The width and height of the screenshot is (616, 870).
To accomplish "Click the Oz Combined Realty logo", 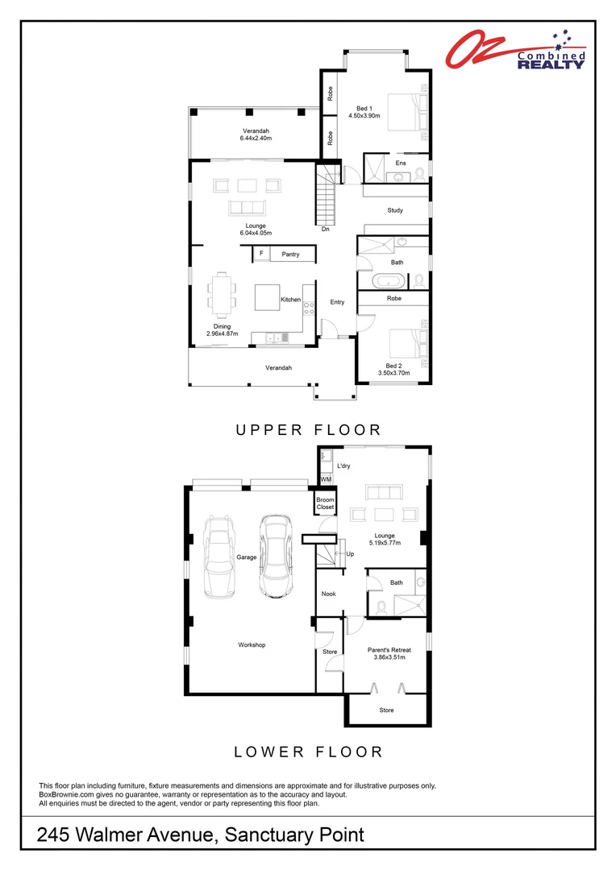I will click(x=516, y=51).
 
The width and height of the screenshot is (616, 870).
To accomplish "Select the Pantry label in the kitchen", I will click(x=290, y=255).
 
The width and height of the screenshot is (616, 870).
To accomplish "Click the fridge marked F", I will click(x=260, y=255).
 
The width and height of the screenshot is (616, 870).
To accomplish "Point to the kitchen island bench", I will click(x=267, y=297).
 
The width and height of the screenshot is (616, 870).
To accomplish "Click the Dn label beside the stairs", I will click(x=325, y=229).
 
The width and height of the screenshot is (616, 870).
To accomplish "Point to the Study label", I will click(x=394, y=210).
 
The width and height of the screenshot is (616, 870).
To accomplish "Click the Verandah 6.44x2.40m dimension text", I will click(x=256, y=139).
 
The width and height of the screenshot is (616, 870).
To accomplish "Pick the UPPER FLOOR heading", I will click(x=308, y=430).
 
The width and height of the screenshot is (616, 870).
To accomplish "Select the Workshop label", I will click(x=252, y=644).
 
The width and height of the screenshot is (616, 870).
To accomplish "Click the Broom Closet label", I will click(x=325, y=503).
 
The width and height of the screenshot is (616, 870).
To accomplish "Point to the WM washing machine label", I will click(x=326, y=479).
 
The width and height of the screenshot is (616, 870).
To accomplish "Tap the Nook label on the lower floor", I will click(x=329, y=594).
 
